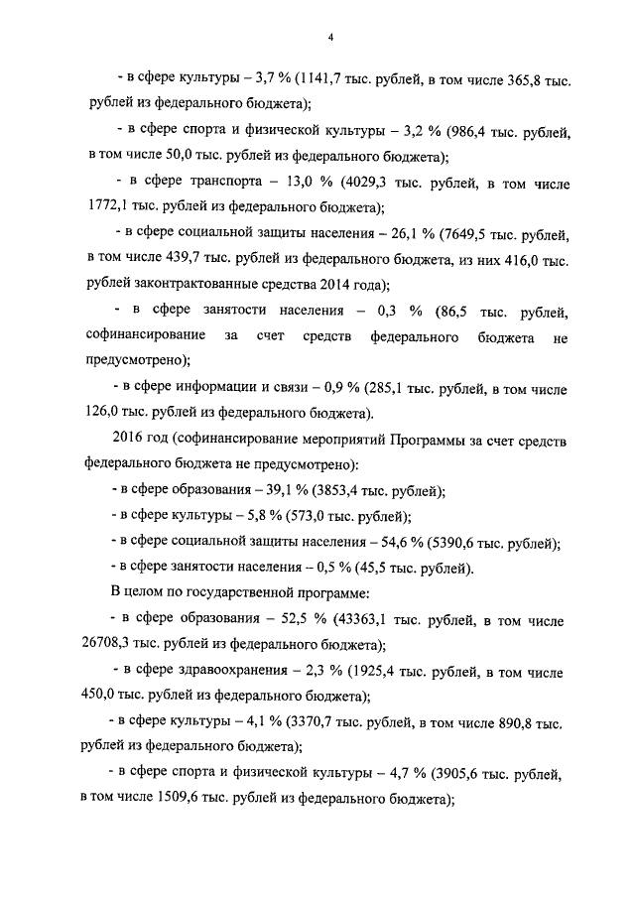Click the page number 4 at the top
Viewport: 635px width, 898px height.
click(x=330, y=38)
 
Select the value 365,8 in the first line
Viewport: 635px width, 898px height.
click(x=523, y=77)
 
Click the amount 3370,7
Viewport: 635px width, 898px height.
click(x=312, y=723)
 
